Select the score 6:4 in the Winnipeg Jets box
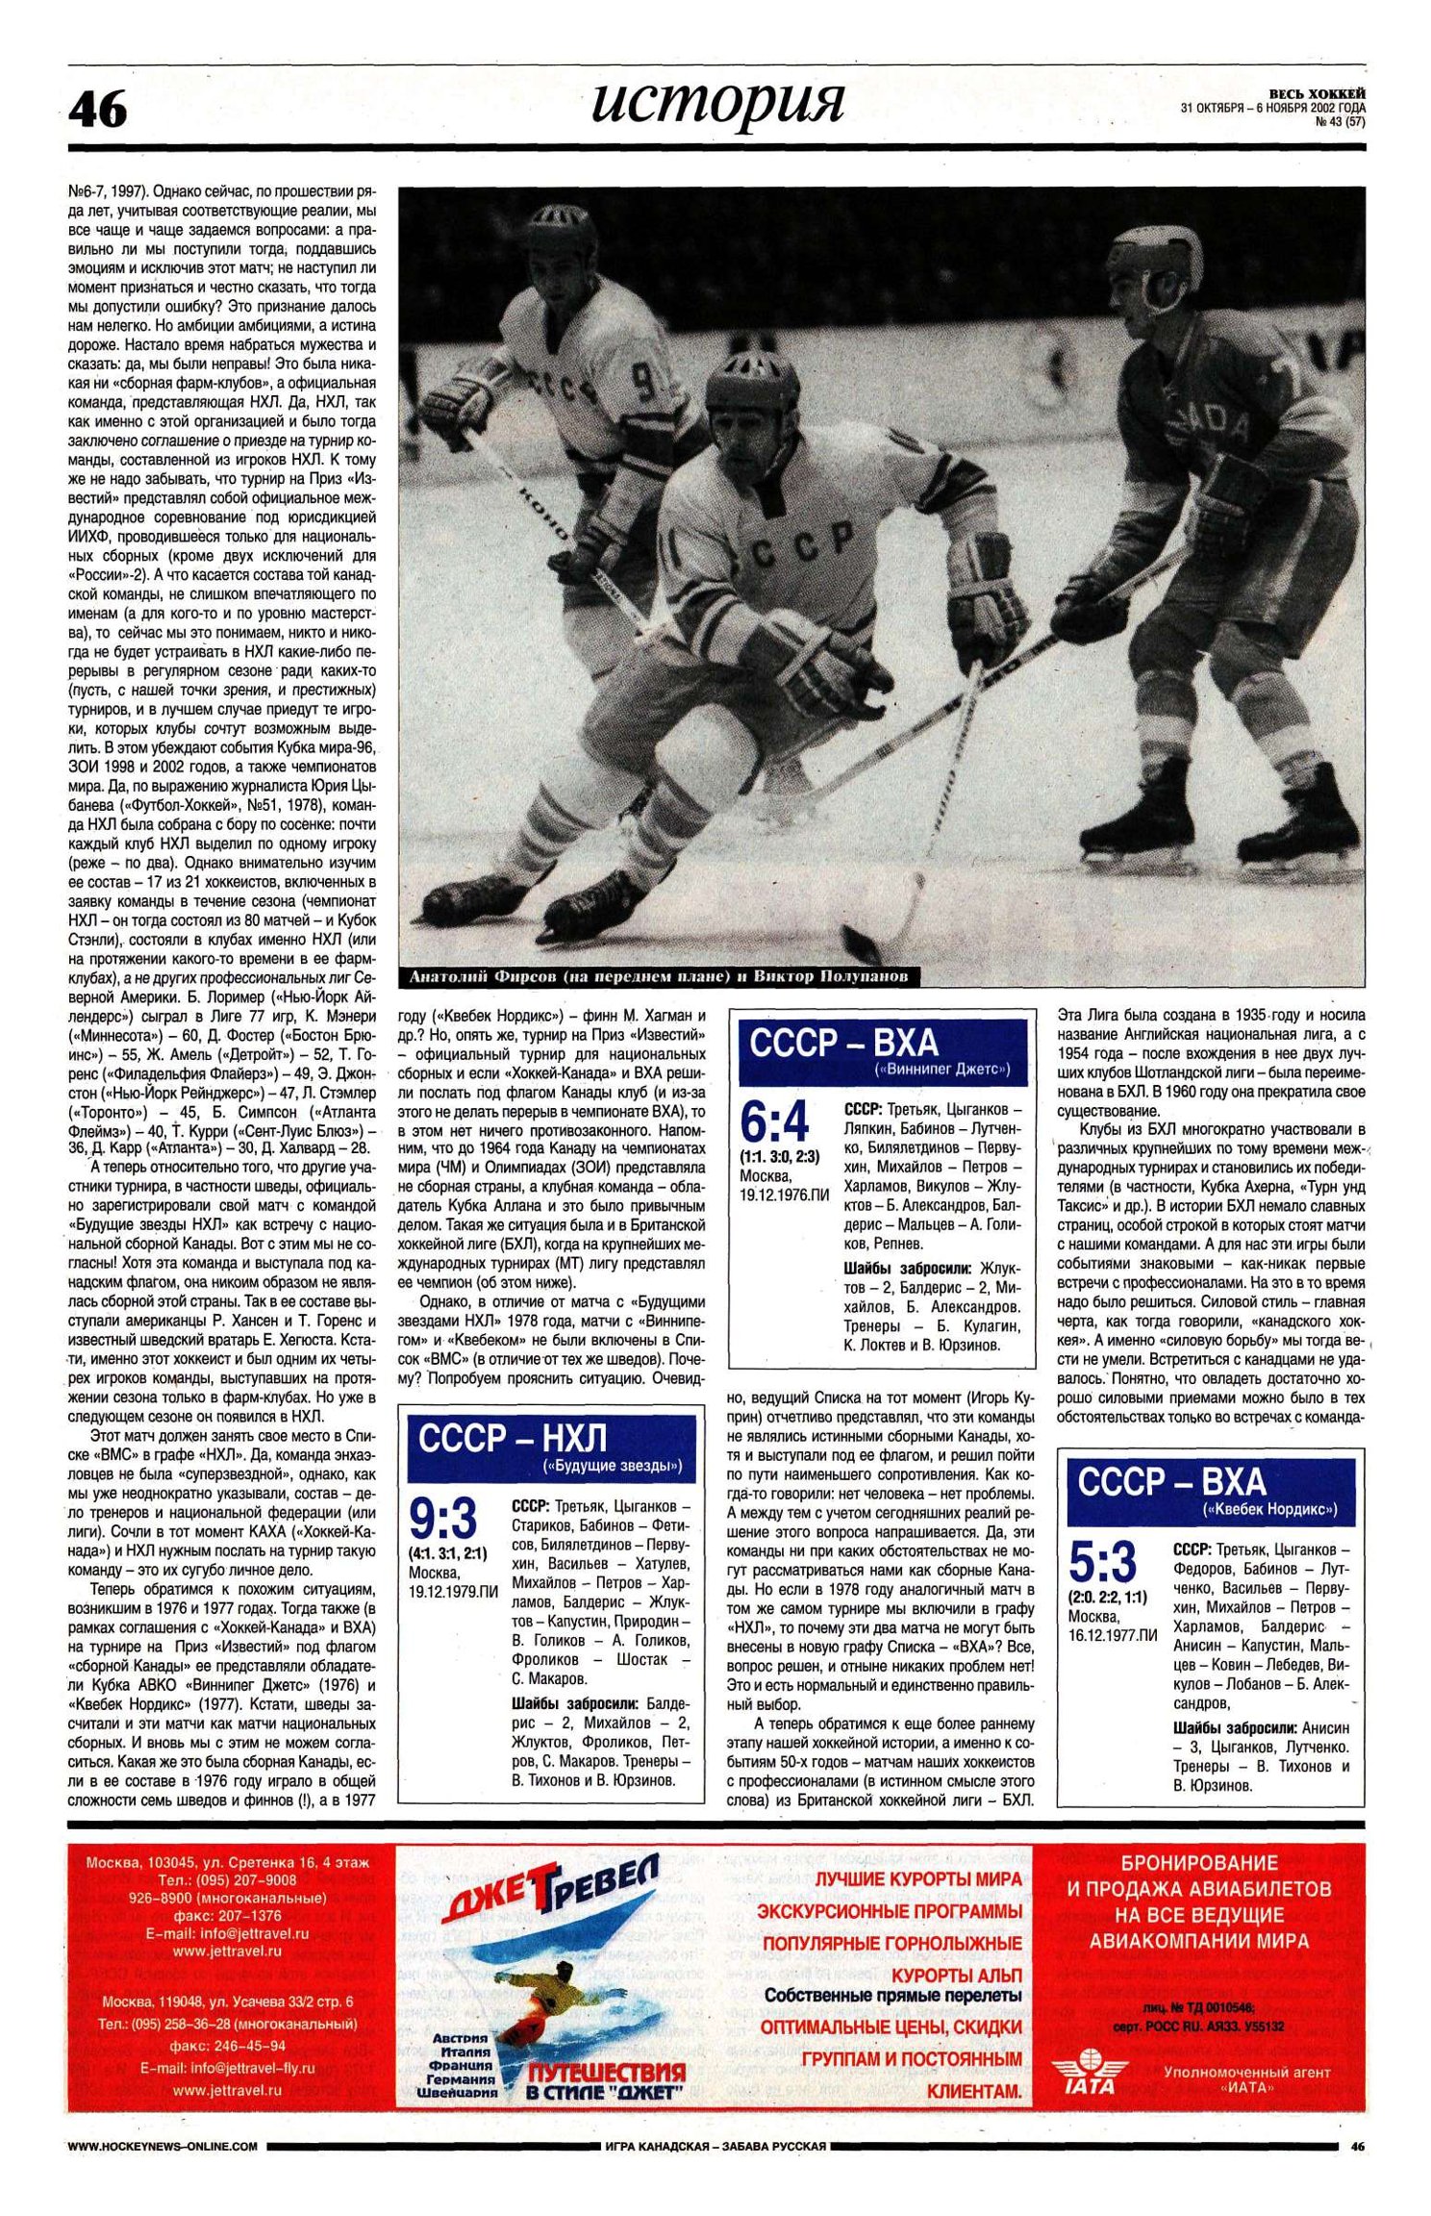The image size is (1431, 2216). click(x=774, y=1121)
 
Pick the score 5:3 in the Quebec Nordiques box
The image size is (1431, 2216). click(x=1103, y=1562)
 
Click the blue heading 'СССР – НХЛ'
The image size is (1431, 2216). click(x=514, y=1438)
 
